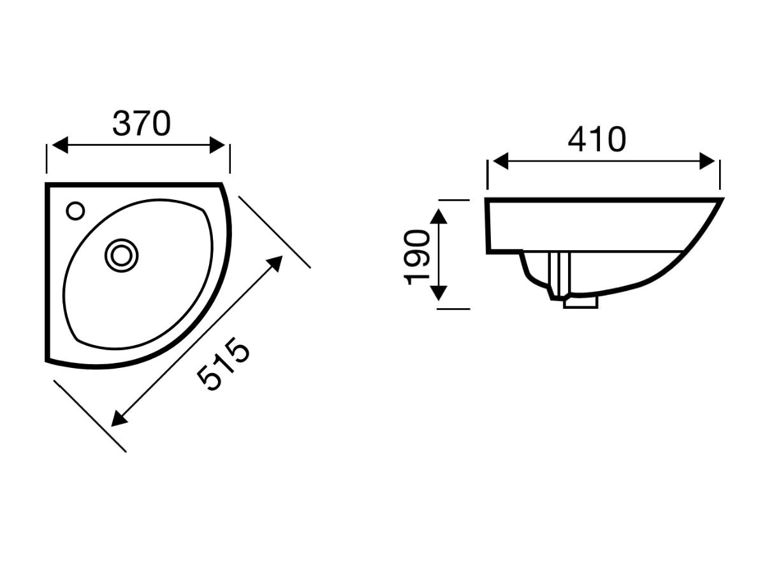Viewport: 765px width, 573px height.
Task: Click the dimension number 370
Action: coord(142,124)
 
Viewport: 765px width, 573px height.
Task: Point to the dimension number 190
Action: coord(417,257)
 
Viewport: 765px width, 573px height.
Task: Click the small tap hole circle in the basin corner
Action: coord(75,211)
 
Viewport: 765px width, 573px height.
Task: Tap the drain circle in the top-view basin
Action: coord(121,255)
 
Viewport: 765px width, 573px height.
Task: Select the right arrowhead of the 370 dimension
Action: coord(218,145)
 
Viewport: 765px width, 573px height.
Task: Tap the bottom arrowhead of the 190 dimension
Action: coord(437,294)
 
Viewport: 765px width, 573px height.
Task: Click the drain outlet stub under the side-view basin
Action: coord(580,302)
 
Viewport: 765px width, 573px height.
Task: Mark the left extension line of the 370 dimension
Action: coord(47,159)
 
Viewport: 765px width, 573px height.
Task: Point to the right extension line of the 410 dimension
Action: coord(720,174)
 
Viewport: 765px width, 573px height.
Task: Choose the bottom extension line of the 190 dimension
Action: coord(453,309)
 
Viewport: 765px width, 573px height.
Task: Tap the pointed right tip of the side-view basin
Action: coord(721,200)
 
